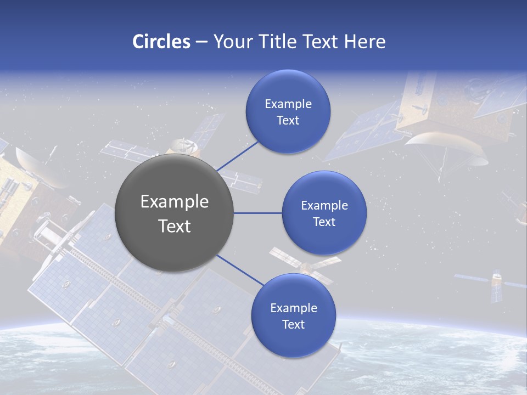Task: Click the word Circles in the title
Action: [161, 42]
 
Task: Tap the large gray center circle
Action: [174, 213]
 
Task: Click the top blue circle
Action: [288, 111]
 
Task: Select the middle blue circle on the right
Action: [324, 213]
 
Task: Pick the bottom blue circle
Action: [293, 315]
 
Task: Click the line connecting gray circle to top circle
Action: [237, 156]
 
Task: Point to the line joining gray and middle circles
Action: [257, 213]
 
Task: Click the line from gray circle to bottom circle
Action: [240, 270]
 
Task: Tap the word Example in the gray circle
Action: [175, 201]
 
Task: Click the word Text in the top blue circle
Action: [288, 121]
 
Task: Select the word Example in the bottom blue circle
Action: [294, 308]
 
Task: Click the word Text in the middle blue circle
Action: [324, 222]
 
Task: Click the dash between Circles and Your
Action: [201, 42]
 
